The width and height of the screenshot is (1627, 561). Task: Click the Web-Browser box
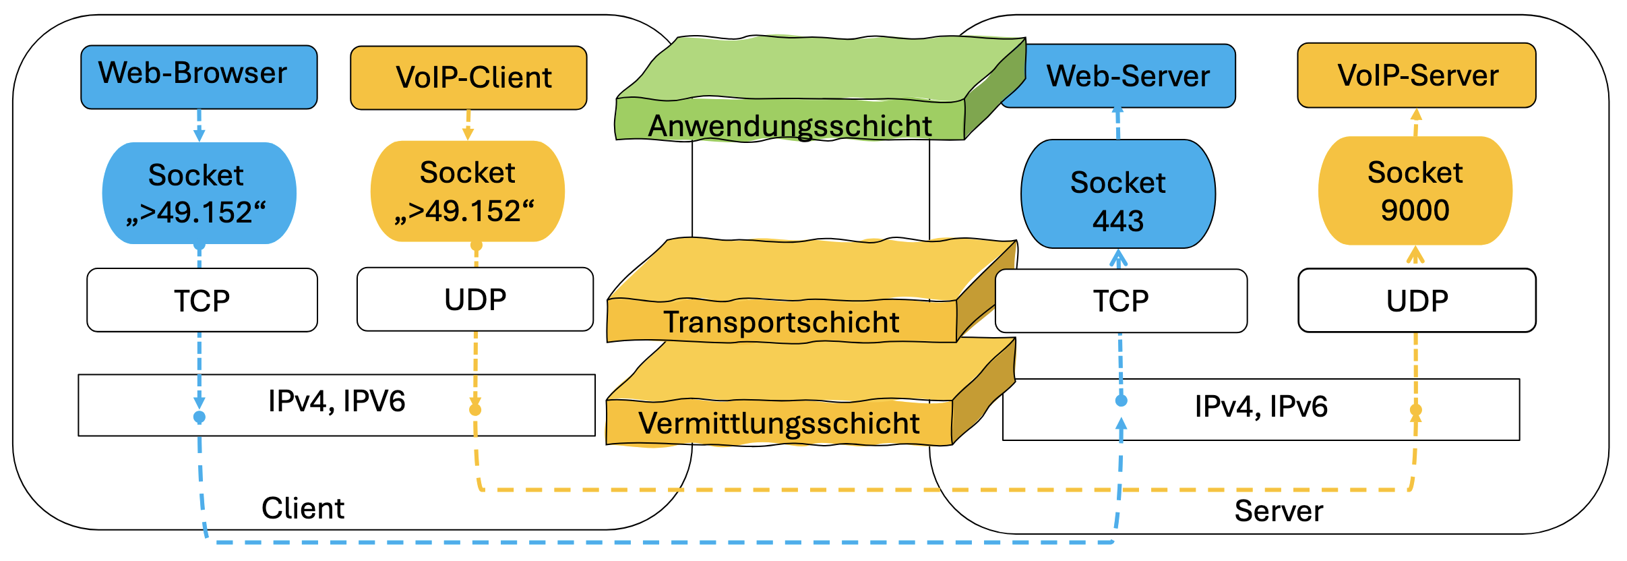199,77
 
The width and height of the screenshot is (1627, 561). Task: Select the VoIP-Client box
468,78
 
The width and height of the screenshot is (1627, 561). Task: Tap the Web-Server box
1127,76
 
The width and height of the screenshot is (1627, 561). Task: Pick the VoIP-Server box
1416,76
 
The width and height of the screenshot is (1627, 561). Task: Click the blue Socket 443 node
1118,194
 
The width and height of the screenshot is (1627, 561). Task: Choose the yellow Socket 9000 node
1415,191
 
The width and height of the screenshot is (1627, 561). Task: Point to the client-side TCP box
202,300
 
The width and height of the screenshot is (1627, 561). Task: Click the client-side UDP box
475,299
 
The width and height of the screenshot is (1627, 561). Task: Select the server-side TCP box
1121,301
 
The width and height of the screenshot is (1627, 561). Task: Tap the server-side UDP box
1417,301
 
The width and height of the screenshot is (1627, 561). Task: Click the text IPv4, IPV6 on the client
336,401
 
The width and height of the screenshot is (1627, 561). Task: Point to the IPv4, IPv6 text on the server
1261,407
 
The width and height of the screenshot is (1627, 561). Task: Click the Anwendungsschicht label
790,126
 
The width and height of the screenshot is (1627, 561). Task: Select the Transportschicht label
781,322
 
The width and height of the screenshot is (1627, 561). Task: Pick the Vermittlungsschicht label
779,423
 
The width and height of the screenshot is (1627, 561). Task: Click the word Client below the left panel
303,508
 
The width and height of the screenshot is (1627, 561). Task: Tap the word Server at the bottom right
1279,511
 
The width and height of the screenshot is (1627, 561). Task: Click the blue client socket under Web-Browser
199,194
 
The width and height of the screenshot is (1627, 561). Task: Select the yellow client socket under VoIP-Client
467,191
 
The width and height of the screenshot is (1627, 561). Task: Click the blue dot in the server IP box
1121,401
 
